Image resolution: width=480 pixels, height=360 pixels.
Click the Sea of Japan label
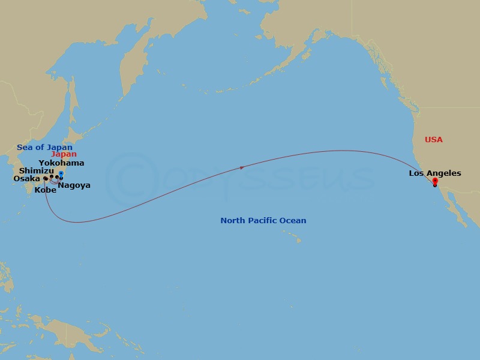point(44,148)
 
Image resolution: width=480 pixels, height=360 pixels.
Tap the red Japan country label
point(64,154)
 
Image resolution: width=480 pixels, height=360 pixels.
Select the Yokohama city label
point(61,163)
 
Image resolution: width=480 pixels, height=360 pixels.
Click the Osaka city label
point(27,179)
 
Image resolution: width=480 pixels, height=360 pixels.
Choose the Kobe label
point(46,190)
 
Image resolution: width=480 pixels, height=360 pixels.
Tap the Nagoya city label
point(74,185)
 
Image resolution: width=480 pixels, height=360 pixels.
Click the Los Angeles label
point(435,173)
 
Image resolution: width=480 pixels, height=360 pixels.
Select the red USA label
point(433,140)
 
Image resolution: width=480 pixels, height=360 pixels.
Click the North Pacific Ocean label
point(263,221)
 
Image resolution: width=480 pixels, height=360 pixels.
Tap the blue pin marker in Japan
point(61,175)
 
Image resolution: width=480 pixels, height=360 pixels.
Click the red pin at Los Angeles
point(434,181)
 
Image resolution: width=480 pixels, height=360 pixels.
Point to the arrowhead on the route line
point(242,168)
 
